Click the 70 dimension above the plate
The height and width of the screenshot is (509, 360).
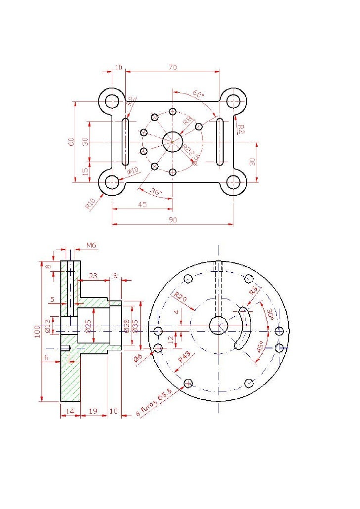point(173,68)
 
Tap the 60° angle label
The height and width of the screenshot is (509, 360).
point(198,93)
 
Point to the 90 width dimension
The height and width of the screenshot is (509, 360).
point(173,220)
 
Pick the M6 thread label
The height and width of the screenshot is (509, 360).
point(91,245)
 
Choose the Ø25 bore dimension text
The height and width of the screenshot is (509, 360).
point(88,326)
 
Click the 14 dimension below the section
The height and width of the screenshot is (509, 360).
point(70,411)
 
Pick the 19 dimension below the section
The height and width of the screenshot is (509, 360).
point(92,411)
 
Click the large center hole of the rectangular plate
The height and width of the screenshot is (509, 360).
point(173,142)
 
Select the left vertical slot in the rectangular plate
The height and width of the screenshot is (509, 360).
point(126,141)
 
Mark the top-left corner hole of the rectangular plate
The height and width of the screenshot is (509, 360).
point(112,101)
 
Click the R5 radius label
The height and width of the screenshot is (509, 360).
point(254,292)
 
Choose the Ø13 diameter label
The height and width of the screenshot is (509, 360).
point(47,326)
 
